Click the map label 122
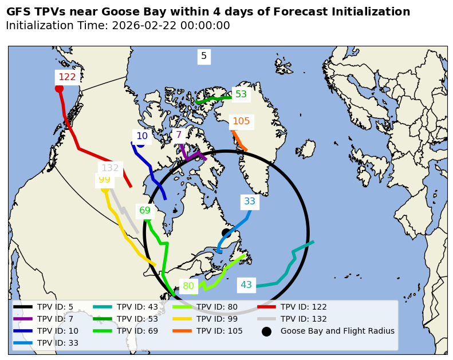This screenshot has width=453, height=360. [67, 77]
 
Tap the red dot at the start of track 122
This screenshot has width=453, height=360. [59, 88]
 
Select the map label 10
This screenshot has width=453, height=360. [142, 136]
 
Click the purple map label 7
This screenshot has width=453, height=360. [179, 136]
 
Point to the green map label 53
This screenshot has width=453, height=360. [241, 94]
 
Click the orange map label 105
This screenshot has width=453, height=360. [241, 121]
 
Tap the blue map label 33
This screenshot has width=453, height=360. [250, 201]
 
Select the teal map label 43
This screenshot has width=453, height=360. [246, 285]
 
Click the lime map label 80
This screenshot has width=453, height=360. [188, 286]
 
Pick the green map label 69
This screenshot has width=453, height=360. [145, 211]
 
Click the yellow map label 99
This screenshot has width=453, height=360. [104, 180]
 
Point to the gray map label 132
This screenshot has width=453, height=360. [110, 168]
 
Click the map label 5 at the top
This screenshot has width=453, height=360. [204, 56]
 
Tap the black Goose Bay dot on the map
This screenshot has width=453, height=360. [226, 233]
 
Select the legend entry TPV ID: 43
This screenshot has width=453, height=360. [137, 307]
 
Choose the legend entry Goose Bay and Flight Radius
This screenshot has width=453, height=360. [337, 331]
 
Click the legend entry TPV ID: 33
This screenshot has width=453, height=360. [58, 343]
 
